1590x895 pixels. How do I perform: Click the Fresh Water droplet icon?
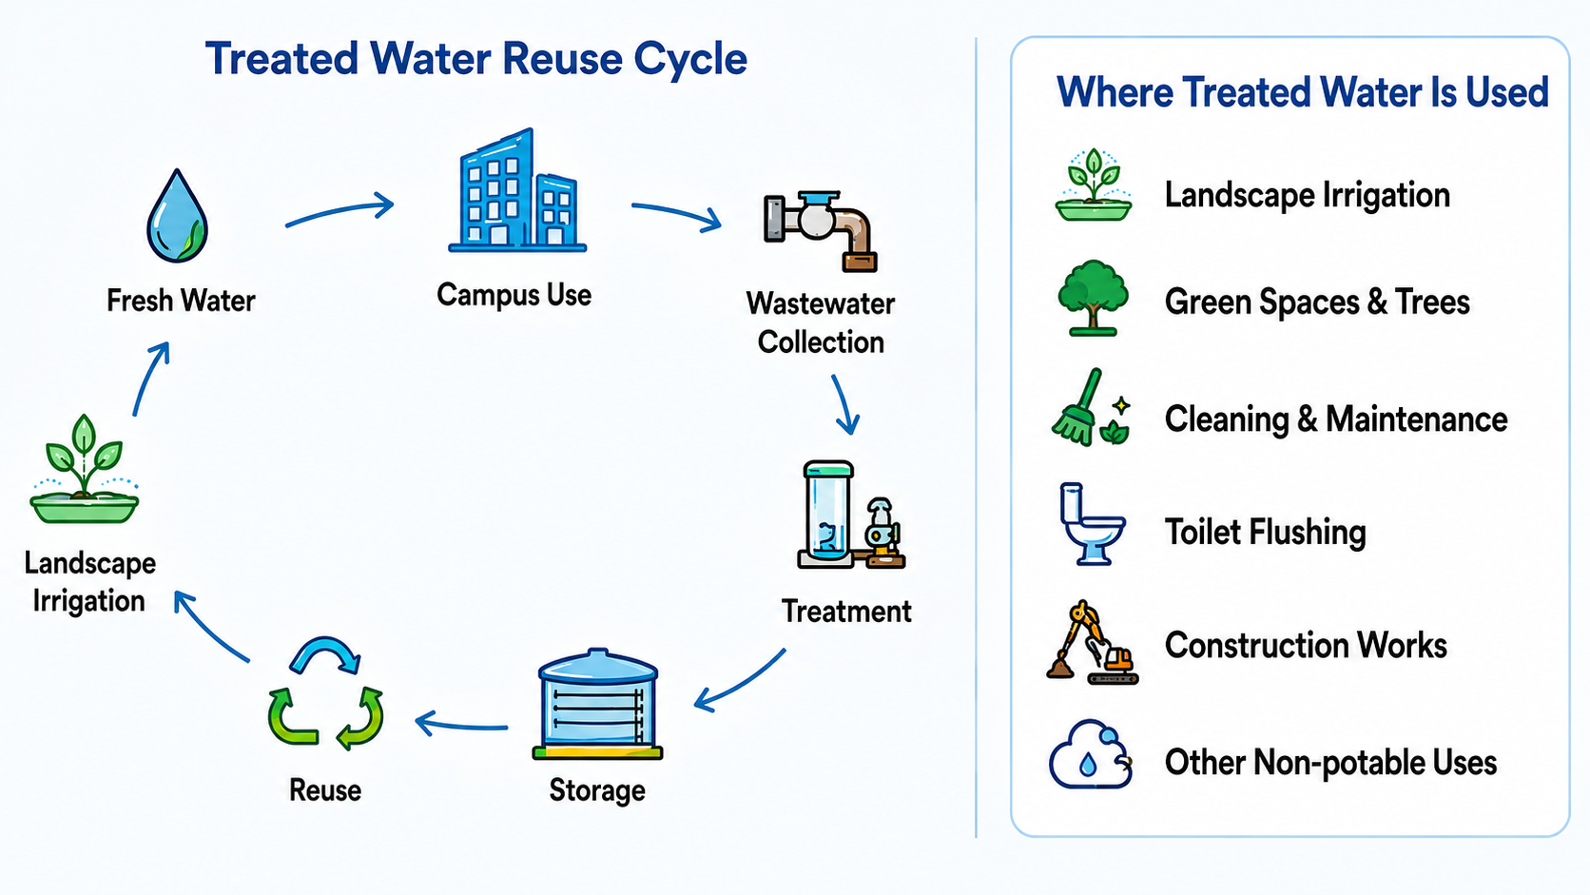point(178,216)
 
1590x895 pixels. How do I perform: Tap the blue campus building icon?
point(517,190)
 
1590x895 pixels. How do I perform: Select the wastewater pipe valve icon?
point(821,230)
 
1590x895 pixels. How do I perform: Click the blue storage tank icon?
point(597,704)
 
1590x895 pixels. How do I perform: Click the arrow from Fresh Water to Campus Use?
point(339,211)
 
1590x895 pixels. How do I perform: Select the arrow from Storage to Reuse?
point(461,726)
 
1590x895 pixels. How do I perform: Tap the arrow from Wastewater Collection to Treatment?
point(844,404)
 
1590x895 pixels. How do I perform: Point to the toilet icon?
point(1092,524)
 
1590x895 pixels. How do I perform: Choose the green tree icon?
point(1093,298)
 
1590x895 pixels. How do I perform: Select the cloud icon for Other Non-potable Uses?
point(1091,755)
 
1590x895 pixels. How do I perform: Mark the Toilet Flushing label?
point(1265,533)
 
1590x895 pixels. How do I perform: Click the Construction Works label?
point(1306,645)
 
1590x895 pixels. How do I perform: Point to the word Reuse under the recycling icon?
point(325,790)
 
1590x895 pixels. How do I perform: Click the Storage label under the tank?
point(597,790)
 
